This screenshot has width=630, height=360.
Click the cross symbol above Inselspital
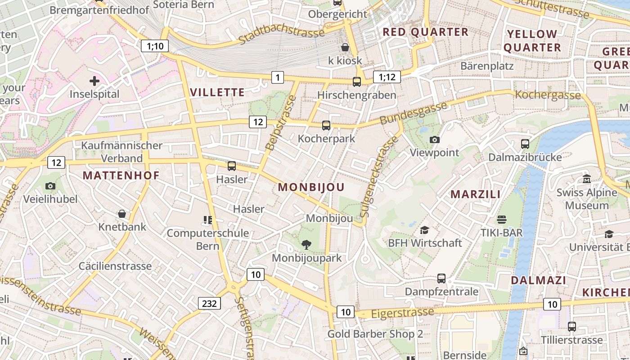click(94, 81)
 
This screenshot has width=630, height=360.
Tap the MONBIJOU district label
click(311, 187)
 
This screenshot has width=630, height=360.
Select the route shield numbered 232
click(209, 303)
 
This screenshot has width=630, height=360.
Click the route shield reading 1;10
click(155, 45)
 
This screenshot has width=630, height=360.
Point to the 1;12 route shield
click(387, 77)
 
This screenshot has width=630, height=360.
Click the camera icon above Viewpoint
click(434, 139)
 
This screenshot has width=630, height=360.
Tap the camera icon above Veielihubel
click(50, 186)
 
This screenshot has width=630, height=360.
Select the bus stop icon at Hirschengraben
click(357, 82)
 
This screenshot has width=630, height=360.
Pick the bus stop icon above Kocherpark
click(326, 126)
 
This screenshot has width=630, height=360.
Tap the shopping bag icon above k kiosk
click(345, 47)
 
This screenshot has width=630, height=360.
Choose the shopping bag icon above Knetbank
click(122, 213)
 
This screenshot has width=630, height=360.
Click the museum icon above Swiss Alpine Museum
click(586, 179)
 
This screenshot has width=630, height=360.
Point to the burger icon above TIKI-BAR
click(502, 220)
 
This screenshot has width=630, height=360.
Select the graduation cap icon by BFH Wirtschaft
click(424, 230)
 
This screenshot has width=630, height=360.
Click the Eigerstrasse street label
click(403, 312)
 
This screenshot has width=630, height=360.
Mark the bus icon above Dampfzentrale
click(441, 279)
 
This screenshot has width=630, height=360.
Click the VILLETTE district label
click(217, 93)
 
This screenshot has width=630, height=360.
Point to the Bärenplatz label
click(487, 66)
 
